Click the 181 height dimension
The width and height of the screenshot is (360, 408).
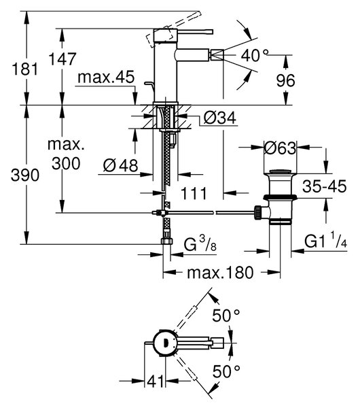click(x=25, y=69)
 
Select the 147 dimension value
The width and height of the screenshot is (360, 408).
click(x=62, y=58)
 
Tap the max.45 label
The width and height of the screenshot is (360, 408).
click(x=106, y=77)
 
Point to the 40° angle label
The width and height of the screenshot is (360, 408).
click(x=255, y=56)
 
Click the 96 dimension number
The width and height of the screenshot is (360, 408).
click(x=285, y=81)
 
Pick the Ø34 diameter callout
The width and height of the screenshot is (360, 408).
click(x=219, y=118)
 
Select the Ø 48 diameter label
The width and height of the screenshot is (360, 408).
click(x=120, y=165)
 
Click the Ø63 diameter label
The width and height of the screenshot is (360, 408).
click(x=280, y=148)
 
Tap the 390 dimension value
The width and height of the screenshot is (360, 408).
click(x=25, y=175)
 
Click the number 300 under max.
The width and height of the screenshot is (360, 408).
click(x=66, y=164)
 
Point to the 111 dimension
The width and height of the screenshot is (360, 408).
click(x=194, y=193)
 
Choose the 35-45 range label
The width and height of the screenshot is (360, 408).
click(x=325, y=186)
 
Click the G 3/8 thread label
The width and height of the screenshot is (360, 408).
click(x=200, y=244)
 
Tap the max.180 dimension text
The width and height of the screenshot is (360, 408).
click(x=220, y=273)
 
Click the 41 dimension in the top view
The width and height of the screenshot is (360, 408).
click(x=155, y=381)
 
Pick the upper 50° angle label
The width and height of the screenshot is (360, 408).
click(x=226, y=316)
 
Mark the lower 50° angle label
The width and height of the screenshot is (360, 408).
click(x=226, y=371)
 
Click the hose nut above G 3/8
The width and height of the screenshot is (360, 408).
click(x=166, y=241)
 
